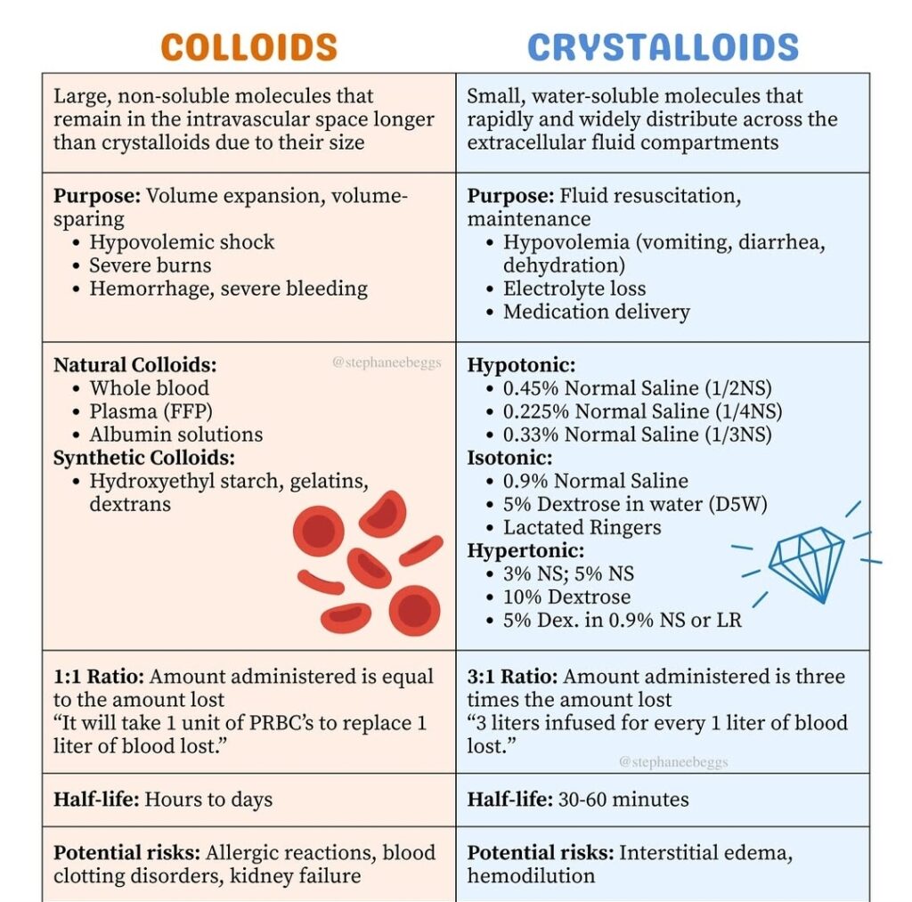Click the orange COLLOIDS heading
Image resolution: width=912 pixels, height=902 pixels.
(x=249, y=47)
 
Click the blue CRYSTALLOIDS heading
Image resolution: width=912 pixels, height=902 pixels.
(x=663, y=47)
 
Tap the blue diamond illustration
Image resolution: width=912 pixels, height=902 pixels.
(x=806, y=563)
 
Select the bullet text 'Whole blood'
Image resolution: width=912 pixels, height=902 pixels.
(x=149, y=388)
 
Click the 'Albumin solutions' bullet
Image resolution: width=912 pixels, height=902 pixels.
(x=175, y=435)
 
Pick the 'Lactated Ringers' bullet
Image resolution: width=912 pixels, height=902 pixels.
(x=582, y=527)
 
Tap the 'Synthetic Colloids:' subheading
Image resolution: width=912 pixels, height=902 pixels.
(x=144, y=458)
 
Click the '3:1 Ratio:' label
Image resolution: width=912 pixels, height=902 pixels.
(x=512, y=677)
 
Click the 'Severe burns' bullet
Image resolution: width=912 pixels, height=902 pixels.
(x=150, y=265)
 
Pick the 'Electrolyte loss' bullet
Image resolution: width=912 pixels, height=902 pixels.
(x=574, y=288)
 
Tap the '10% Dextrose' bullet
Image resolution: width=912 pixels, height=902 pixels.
(x=566, y=597)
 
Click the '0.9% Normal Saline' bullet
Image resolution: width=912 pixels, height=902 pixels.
(x=595, y=481)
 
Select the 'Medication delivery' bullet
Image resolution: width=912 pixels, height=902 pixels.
(x=596, y=312)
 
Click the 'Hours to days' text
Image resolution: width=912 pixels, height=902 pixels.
(x=208, y=800)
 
